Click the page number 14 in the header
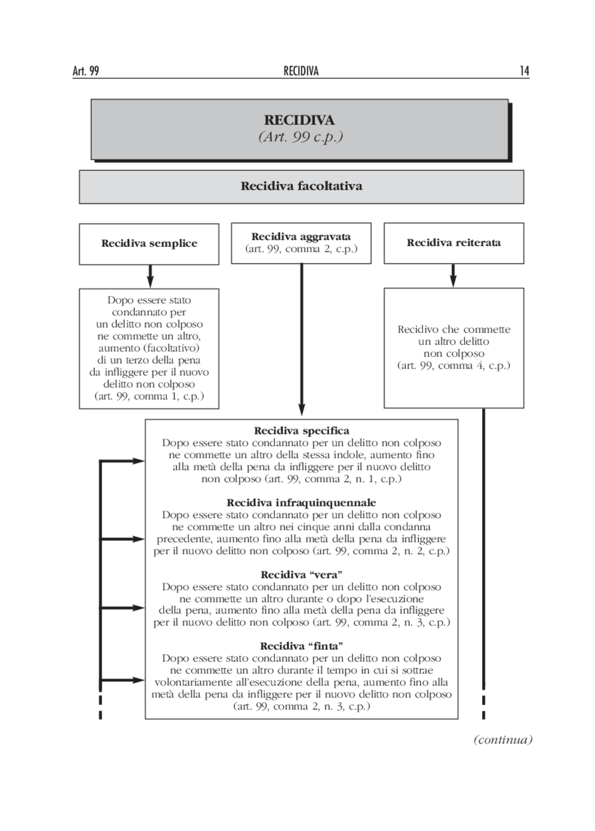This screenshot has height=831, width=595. pos(524,71)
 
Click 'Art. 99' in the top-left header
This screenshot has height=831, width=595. pos(86,71)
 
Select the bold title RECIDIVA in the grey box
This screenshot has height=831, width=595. pos(299,120)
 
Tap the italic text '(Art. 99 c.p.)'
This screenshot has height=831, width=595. pos(300,137)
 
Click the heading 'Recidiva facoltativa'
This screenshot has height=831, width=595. pos(301,186)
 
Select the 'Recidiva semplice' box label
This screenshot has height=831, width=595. pos(149,244)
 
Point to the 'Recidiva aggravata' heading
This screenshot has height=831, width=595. pos(301,237)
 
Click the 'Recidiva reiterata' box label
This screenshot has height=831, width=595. pos(454,243)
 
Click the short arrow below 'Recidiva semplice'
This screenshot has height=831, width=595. pos(150,277)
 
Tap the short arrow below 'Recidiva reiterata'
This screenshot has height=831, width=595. pos(453,276)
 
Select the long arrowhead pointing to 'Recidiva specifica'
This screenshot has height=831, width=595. pos(301,409)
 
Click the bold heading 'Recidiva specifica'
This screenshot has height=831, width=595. pos(301,431)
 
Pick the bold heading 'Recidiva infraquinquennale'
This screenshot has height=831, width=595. pos(301,503)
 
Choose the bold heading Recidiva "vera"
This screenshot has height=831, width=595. pos(301,575)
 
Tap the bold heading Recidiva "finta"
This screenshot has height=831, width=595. pos(301,646)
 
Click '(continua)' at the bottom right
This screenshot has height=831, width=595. pos(502,739)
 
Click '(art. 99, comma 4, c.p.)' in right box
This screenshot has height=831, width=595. pos(454,366)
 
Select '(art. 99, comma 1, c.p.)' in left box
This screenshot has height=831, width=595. pos(149,396)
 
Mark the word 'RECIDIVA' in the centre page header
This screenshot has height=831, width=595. pos(301,71)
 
